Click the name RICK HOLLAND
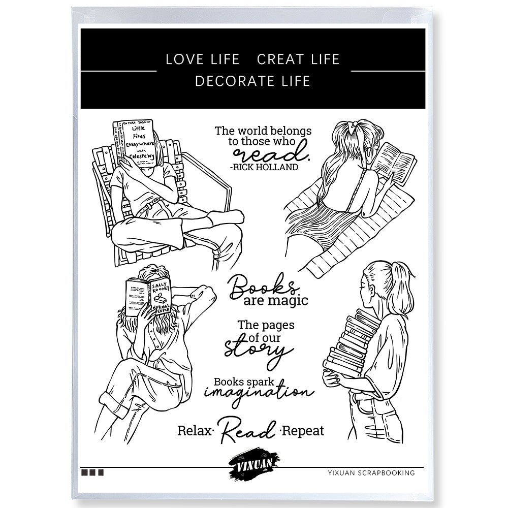tap(264, 167)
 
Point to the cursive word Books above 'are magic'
tap(263, 286)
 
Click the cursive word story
tap(259, 350)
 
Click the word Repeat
tap(303, 431)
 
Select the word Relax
tap(194, 431)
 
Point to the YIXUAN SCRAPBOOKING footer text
tap(371, 473)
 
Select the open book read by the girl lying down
tap(395, 162)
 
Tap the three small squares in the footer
tap(92, 472)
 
